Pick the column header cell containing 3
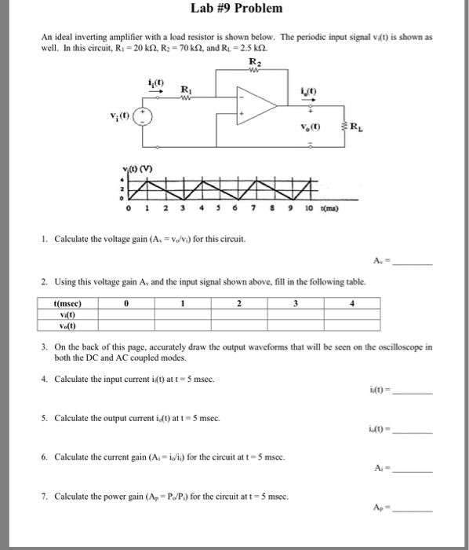click(x=296, y=302)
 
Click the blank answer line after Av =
click(x=413, y=265)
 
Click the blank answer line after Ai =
click(x=413, y=469)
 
